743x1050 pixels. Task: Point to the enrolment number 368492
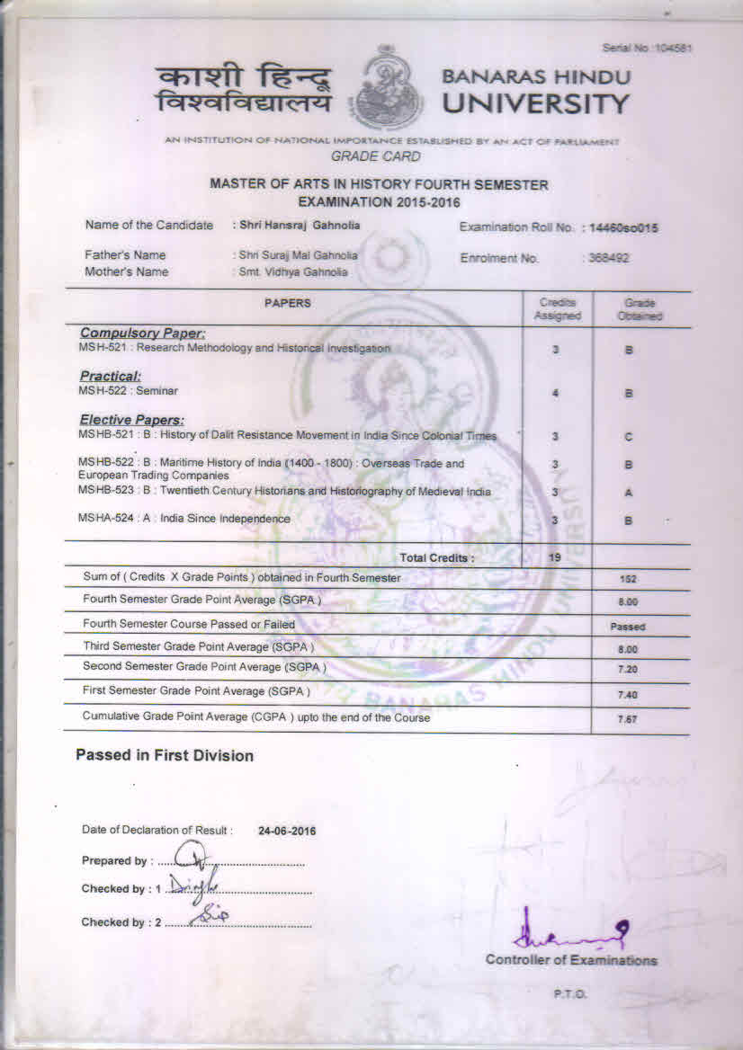tap(609, 258)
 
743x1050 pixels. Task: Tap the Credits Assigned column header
tap(557, 309)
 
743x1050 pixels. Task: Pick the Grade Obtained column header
tap(640, 309)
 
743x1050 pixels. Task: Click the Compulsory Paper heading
tap(143, 334)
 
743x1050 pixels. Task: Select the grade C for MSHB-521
tap(629, 437)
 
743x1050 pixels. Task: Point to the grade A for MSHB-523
tap(629, 493)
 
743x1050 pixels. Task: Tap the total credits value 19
tap(556, 557)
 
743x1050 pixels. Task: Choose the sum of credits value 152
tap(629, 580)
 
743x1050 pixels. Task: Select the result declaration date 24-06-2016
tap(287, 832)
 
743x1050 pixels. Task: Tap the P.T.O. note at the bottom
tap(570, 993)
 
